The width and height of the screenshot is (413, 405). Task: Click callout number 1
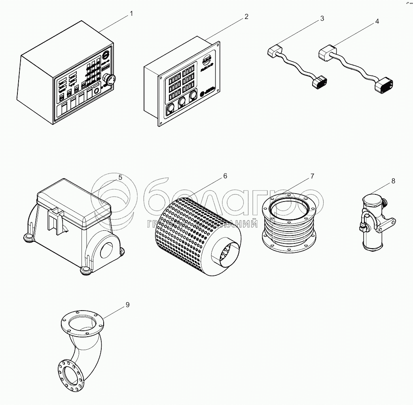click(131, 14)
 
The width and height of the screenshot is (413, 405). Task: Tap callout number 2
click(246, 17)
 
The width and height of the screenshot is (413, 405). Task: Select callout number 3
click(322, 19)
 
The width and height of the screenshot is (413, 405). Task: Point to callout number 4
click(377, 21)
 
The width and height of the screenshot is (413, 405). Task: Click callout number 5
click(120, 177)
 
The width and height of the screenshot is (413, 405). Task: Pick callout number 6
click(225, 176)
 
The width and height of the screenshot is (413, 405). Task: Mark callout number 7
click(312, 175)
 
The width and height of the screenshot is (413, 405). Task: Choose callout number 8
click(393, 181)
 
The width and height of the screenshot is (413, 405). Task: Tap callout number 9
click(127, 305)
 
